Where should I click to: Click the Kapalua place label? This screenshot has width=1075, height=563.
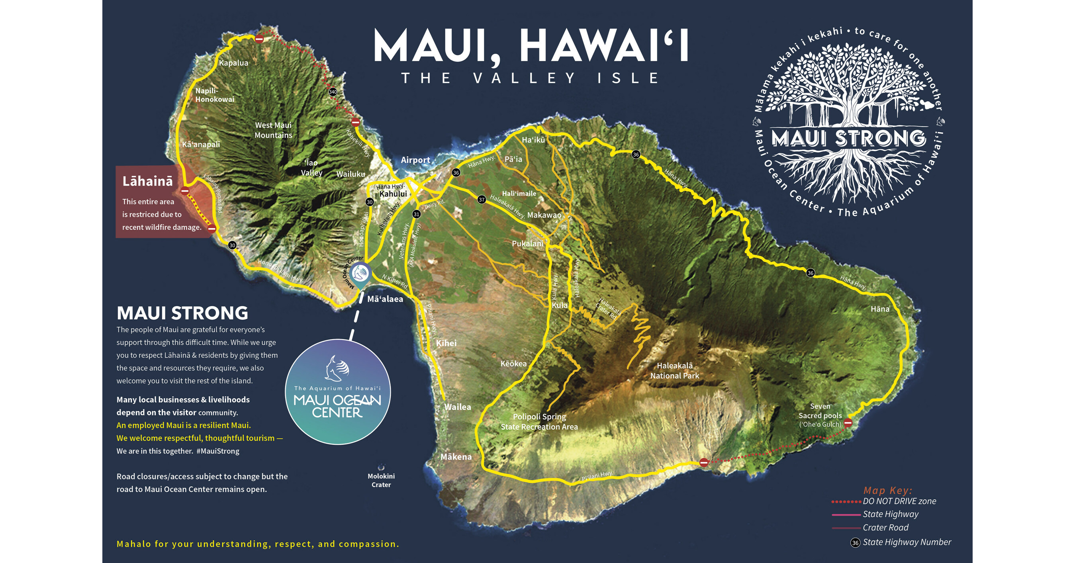point(233,63)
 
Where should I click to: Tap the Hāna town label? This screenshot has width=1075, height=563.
point(880,309)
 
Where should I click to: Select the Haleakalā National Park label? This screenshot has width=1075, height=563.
point(674,371)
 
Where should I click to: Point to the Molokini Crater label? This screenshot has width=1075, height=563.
point(381,480)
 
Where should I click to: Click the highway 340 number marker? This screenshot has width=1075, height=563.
point(333,92)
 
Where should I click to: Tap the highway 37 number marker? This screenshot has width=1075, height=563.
point(482,200)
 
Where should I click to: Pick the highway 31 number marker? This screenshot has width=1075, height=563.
point(416,214)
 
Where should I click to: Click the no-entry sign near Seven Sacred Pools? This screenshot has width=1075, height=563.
point(848,423)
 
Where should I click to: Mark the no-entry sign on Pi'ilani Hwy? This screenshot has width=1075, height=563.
point(704,462)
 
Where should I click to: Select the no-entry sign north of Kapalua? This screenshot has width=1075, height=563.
point(259,39)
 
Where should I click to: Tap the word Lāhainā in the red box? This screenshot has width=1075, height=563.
point(147,181)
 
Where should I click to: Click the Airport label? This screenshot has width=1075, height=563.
point(415,160)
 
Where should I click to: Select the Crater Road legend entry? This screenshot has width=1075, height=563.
point(885,528)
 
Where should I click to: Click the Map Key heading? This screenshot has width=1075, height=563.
point(888,491)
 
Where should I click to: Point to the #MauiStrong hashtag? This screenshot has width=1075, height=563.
point(218,451)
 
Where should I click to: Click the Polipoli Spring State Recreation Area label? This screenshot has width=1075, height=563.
point(539,422)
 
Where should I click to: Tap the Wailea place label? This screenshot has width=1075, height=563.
point(457,407)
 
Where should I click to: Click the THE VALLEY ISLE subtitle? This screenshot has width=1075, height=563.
point(530,78)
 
